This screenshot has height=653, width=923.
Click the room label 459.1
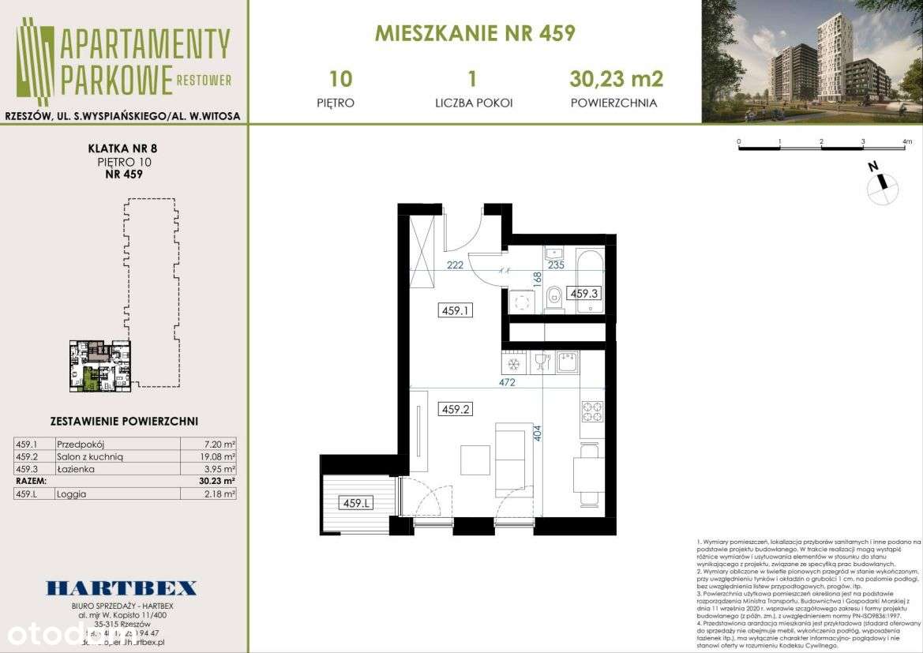click(x=456, y=310)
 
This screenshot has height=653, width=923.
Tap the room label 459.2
click(x=456, y=409)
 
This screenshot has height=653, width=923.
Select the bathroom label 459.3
click(x=585, y=293)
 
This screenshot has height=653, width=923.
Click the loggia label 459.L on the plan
click(x=356, y=502)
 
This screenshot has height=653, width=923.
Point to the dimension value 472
click(x=507, y=382)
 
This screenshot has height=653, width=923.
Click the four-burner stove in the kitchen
click(x=592, y=411)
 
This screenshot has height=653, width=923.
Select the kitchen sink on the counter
click(x=567, y=362)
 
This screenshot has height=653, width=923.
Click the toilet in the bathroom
click(x=553, y=298)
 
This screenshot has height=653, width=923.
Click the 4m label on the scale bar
click(x=905, y=142)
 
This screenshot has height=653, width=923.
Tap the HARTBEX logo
click(x=121, y=587)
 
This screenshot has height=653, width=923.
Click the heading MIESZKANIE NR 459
click(x=475, y=33)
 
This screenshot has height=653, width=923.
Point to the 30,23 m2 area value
click(x=616, y=79)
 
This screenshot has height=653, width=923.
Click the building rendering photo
click(x=812, y=62)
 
